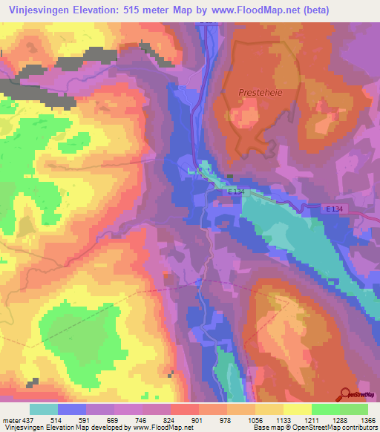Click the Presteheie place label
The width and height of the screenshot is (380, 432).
click(x=257, y=92)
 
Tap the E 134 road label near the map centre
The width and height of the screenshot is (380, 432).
click(x=237, y=191)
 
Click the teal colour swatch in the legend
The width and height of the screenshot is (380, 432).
click(x=44, y=408)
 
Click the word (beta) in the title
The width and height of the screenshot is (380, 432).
click(x=313, y=10)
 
